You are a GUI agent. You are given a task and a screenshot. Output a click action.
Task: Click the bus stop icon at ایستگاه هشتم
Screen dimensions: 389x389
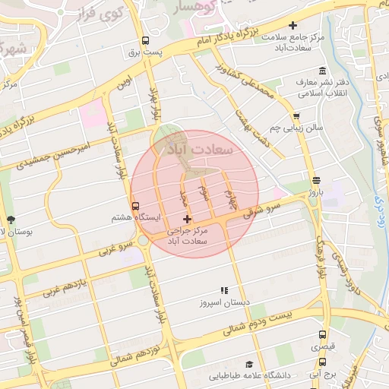[135, 205]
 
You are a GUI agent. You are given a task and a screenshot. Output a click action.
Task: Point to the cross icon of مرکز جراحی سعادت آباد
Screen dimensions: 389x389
[187, 219]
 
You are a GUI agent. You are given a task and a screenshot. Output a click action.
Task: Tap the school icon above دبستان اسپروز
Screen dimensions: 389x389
[223, 290]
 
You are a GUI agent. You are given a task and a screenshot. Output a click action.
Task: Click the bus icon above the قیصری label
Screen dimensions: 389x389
[323, 334]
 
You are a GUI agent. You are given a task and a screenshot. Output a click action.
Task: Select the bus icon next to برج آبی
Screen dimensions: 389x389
[323, 363]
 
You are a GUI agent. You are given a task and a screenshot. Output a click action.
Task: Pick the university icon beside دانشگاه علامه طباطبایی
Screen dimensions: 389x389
[248, 364]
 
